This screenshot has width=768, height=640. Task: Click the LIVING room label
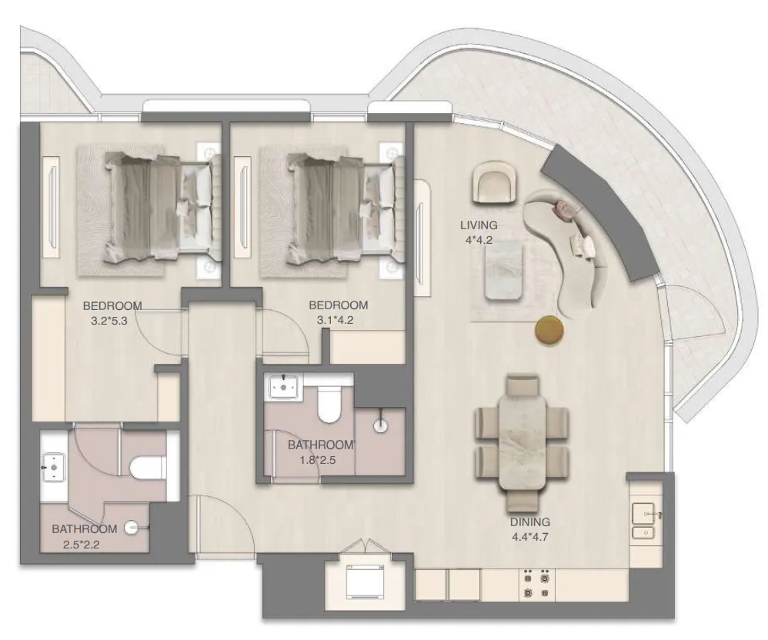click(x=479, y=225)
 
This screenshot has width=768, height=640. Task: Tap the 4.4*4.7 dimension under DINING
click(x=529, y=536)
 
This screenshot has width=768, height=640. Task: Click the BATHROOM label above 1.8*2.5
click(x=320, y=445)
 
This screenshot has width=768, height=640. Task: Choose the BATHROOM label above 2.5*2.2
click(x=85, y=529)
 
